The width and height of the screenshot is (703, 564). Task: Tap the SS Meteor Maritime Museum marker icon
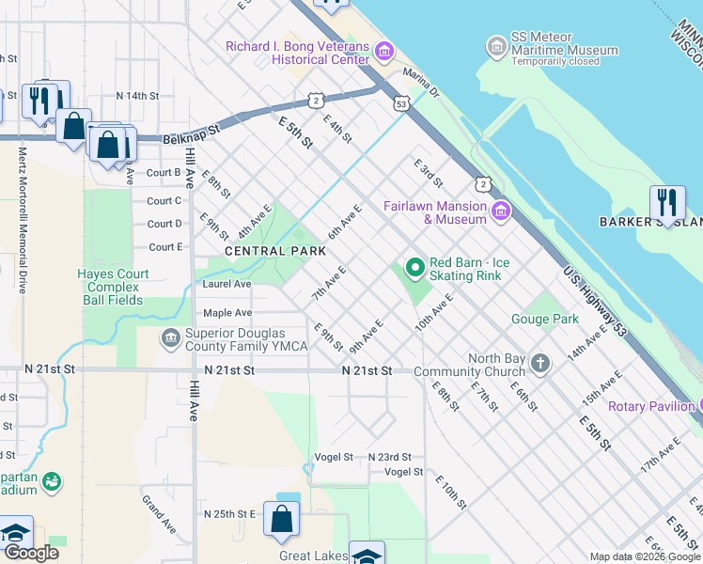tap(496, 45)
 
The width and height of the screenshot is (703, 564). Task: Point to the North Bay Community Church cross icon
tap(540, 363)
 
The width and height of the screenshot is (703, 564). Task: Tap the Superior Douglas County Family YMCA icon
tap(170, 337)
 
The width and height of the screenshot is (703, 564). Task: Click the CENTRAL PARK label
tap(274, 251)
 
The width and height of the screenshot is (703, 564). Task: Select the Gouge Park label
tap(545, 319)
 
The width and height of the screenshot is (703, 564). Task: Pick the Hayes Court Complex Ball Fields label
tap(112, 287)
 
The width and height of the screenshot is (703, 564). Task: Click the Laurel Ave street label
tap(227, 283)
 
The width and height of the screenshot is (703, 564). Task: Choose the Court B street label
tap(164, 173)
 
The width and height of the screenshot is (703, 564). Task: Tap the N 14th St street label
tap(138, 96)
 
